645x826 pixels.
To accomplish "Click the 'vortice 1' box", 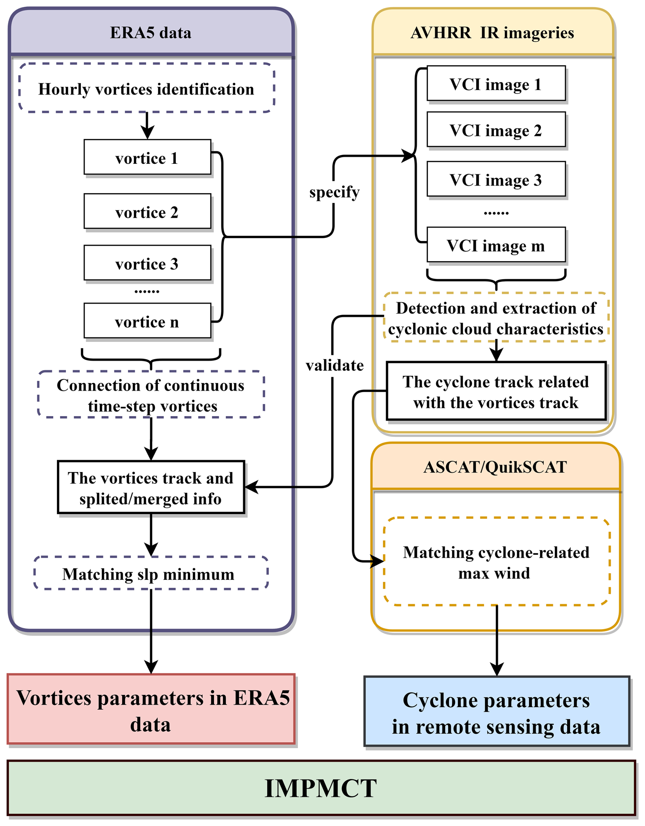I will click(147, 157).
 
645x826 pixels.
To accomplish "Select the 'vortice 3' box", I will click(147, 263).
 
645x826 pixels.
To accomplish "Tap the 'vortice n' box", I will click(147, 321).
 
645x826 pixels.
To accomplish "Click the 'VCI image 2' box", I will click(496, 130).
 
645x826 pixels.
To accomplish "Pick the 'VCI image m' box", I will click(496, 245).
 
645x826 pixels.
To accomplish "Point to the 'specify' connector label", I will click(334, 192).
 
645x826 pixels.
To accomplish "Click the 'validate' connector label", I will click(334, 366).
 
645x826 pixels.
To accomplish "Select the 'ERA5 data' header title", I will click(150, 33).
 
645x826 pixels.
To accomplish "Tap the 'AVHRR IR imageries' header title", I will click(492, 33).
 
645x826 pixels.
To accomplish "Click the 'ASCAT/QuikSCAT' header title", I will click(495, 467).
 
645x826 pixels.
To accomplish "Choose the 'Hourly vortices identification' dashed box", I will click(146, 88).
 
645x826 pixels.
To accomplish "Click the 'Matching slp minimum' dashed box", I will click(150, 574).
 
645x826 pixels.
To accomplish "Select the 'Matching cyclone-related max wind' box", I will click(496, 562).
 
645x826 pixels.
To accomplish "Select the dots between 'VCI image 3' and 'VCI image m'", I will click(496, 213).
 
